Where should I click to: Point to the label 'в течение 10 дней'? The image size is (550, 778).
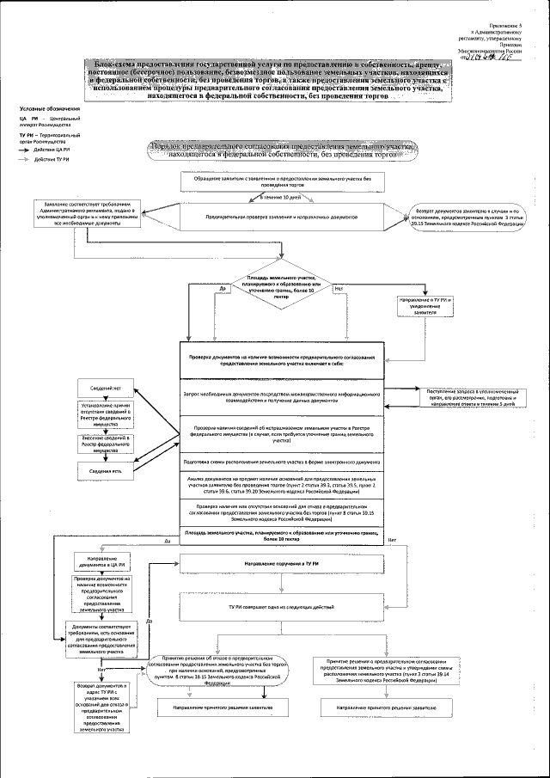[x=281, y=197]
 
